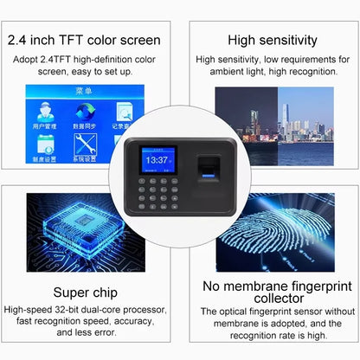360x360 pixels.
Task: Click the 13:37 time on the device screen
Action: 157,160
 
